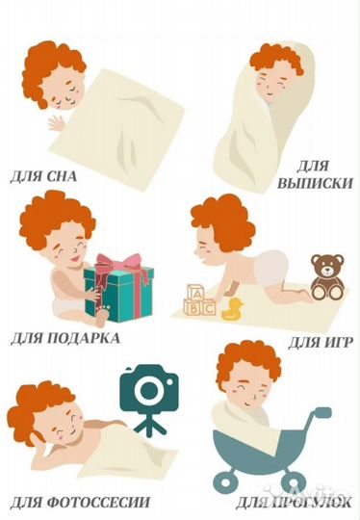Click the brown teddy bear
click(327, 276)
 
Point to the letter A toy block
click(195, 293)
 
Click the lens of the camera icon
click(149, 390)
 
